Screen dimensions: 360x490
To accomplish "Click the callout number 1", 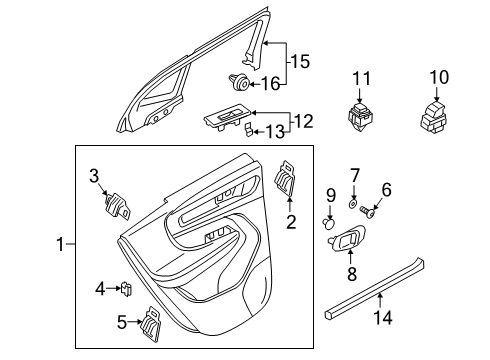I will [60, 244].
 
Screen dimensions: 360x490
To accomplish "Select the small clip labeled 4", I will [127, 290].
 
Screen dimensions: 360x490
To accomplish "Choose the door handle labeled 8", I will [345, 241].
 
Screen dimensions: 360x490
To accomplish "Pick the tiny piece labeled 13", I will [244, 130].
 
